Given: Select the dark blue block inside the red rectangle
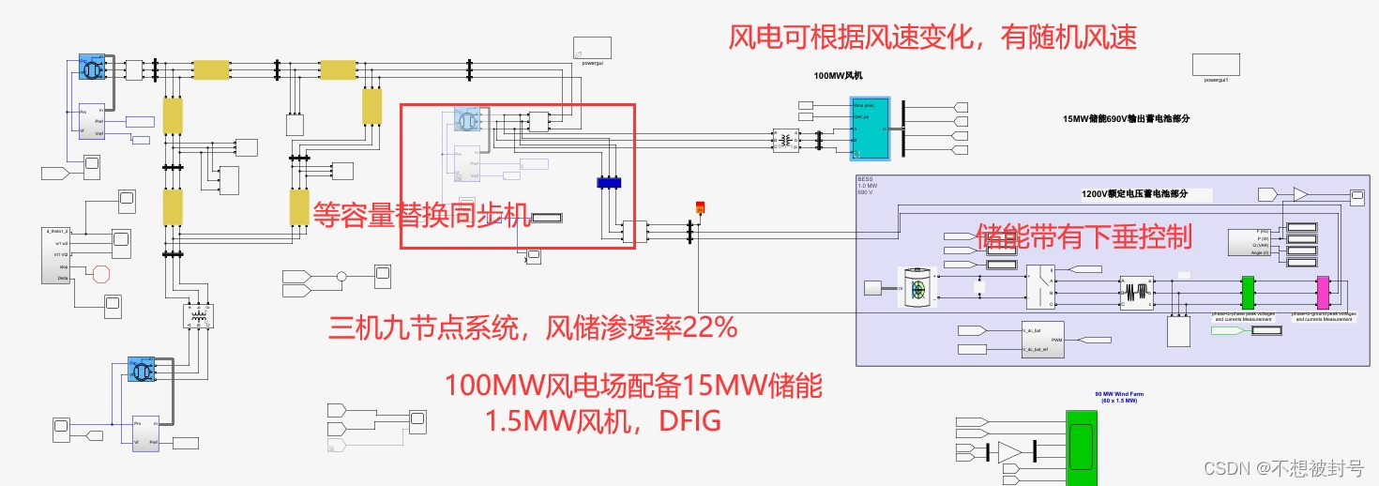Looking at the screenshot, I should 610,183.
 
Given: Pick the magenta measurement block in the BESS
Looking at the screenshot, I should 1323,292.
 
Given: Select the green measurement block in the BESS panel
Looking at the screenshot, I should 1248,292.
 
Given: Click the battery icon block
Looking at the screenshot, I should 919,286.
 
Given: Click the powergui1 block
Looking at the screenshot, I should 1216,65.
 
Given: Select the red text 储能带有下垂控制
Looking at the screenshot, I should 1083,235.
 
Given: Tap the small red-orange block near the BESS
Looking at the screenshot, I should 699,207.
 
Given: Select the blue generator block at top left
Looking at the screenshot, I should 91,67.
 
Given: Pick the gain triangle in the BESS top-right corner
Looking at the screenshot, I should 1300,194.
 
